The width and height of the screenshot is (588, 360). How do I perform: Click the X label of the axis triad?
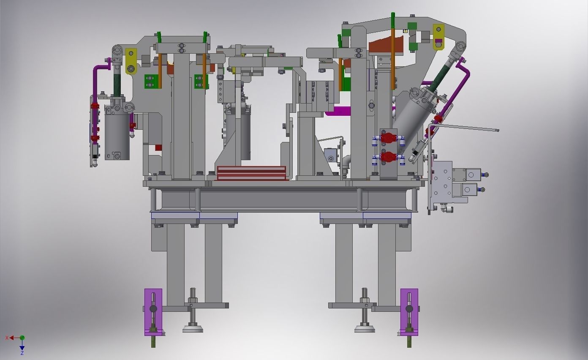click(7, 338)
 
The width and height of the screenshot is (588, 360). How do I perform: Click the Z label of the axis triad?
click(22, 353)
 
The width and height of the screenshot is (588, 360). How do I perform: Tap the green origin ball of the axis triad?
click(22, 338)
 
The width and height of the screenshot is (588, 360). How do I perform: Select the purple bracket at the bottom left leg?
click(153, 312)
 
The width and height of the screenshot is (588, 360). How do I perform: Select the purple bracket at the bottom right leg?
click(409, 312)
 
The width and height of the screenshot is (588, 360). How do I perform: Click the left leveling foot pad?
click(193, 328)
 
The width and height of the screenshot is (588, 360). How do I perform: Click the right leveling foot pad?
click(365, 328)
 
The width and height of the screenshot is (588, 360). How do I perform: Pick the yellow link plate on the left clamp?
click(131, 61)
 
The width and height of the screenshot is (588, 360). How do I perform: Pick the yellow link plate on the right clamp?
click(438, 36)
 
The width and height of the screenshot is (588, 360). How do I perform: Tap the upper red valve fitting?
click(388, 138)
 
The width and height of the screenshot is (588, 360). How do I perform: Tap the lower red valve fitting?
click(388, 158)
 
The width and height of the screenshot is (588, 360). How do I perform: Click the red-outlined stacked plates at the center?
click(251, 173)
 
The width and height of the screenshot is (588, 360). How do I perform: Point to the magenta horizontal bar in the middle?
click(338, 111)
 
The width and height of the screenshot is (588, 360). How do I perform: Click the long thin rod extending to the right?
click(469, 128)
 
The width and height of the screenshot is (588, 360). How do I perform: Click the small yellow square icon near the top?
click(405, 31)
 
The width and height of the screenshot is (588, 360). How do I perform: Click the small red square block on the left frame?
click(158, 147)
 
